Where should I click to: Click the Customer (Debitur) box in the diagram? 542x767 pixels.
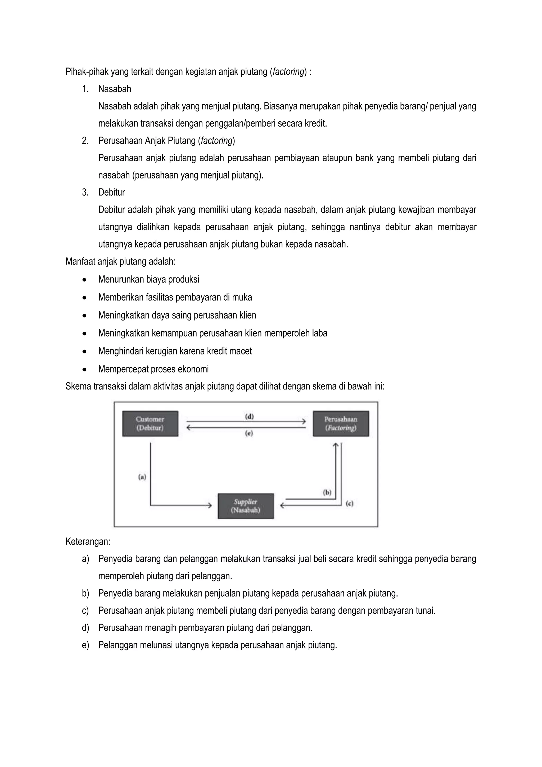click(150, 423)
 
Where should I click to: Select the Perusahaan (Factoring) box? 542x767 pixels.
click(341, 423)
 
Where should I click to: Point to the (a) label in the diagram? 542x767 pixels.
click(142, 477)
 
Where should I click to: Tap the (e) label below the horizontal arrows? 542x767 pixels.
click(249, 433)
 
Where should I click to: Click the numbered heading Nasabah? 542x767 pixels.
click(115, 89)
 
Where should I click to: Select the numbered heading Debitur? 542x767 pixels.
click(111, 192)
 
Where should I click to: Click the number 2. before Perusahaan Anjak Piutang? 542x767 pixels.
click(85, 141)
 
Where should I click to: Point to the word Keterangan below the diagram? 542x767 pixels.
click(88, 541)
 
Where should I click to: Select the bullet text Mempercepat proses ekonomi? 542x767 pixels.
click(153, 369)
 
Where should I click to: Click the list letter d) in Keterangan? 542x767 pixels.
click(85, 628)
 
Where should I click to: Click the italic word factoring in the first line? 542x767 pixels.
click(288, 71)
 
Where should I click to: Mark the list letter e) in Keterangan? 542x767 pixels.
click(85, 645)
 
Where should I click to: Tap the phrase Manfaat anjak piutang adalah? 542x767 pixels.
click(120, 261)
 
